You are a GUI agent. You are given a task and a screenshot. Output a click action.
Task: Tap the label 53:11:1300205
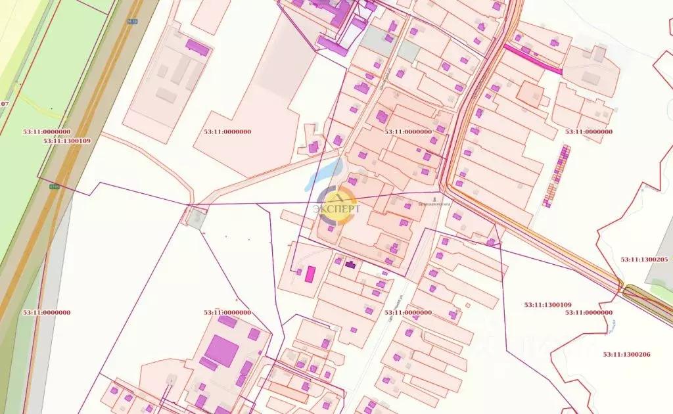tap(644, 260)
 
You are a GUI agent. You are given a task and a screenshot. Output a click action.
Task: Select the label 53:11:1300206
tap(626, 355)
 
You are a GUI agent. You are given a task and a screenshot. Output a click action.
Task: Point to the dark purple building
tap(350, 265)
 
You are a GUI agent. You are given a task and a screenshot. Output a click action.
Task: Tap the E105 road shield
tap(54, 187)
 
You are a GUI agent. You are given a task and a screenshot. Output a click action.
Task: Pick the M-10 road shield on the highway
tap(131, 21)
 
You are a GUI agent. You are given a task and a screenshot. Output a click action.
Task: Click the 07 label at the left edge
tap(5, 104)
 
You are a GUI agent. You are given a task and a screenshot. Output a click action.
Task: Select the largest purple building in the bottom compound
tap(221, 351)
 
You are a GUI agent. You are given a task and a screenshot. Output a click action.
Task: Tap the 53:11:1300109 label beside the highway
tap(67, 141)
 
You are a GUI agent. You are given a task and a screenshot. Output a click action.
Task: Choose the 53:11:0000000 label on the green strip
tap(47, 131)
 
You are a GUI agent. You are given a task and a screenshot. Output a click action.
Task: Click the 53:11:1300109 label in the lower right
tap(547, 305)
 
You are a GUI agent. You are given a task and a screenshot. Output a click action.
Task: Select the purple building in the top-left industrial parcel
tap(197, 47)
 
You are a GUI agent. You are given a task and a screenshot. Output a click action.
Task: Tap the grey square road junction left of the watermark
tap(196, 218)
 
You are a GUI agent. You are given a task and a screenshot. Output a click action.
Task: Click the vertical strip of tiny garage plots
tap(556, 175)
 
